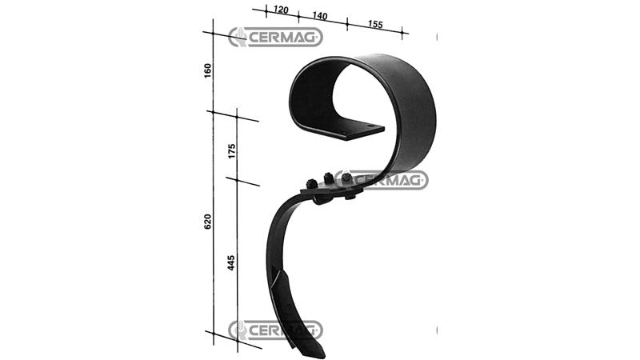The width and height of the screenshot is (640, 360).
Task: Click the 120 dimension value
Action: [x=281, y=9]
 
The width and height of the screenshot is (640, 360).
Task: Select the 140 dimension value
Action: [x=320, y=15]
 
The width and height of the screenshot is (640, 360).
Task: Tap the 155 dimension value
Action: [x=375, y=24]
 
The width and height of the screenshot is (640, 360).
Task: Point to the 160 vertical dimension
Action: [x=208, y=70]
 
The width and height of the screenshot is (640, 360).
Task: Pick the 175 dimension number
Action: [x=232, y=151]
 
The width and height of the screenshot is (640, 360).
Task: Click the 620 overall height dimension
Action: [x=208, y=222]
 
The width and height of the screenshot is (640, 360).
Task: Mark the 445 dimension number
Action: [x=231, y=262]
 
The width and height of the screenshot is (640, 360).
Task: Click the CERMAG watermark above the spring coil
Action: [x=275, y=37]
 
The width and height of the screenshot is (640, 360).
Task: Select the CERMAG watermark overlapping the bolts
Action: [x=382, y=179]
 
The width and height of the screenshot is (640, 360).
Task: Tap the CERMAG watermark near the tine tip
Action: [x=275, y=330]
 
